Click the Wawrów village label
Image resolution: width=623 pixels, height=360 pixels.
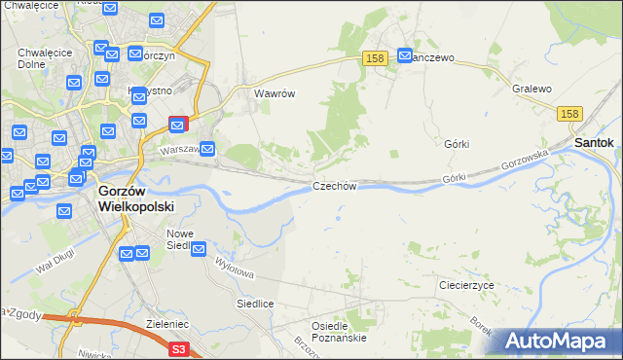(274, 94)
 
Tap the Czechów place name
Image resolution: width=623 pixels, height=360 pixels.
(336, 186)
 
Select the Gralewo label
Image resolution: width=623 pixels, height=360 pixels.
(531, 89)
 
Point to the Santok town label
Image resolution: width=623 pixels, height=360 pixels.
(593, 142)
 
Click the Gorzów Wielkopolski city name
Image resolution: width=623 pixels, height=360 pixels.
(135, 199)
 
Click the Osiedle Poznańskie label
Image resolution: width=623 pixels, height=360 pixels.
(339, 332)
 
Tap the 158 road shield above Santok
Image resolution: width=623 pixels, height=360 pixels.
(571, 115)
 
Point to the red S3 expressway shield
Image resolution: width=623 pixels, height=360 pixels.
(177, 348)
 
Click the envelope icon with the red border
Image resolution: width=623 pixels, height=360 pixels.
(178, 125)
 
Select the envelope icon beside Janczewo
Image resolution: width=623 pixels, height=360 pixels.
(405, 57)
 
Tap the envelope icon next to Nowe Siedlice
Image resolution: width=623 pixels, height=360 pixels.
(199, 250)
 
